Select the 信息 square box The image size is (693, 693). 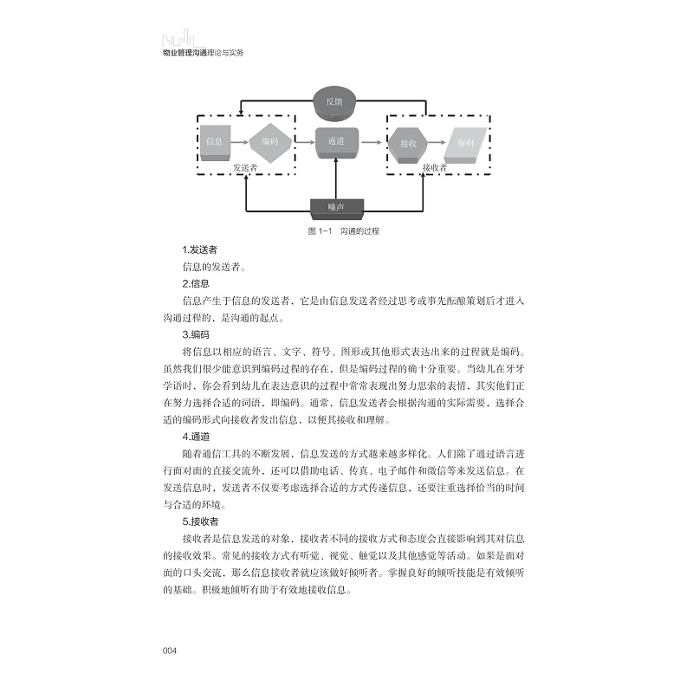[216, 141]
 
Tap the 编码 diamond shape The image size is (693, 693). [268, 141]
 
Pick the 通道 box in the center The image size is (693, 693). [335, 141]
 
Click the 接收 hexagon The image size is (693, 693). [407, 142]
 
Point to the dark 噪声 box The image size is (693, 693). [336, 207]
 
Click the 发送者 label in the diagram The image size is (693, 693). [248, 167]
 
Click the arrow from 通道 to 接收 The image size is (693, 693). [373, 141]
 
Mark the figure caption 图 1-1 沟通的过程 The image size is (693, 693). [343, 232]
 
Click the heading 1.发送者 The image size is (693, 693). [199, 250]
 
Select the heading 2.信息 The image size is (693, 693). [196, 283]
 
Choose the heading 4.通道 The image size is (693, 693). [196, 437]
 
